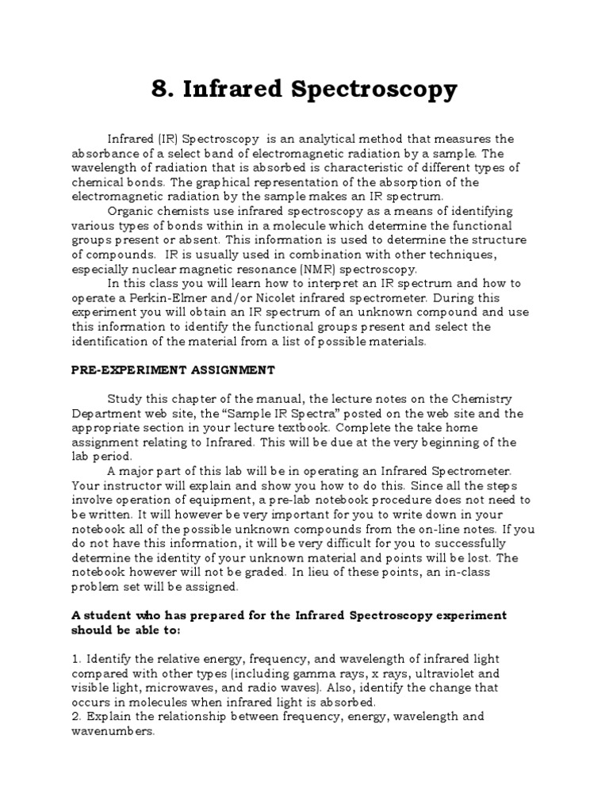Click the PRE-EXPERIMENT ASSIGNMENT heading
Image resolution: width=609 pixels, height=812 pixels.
tap(173, 370)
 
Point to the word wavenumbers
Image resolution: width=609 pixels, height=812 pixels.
tap(110, 731)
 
